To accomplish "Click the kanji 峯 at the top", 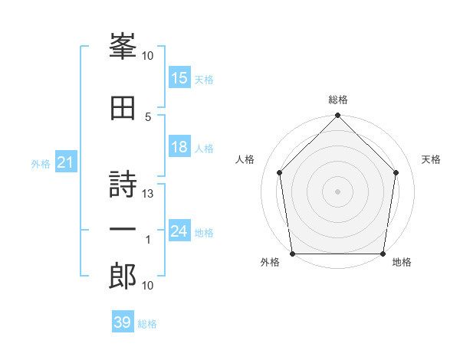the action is [123, 46].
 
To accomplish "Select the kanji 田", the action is [123, 108].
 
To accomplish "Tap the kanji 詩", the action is [123, 184].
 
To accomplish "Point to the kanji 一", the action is [123, 229].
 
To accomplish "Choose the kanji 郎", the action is [123, 276].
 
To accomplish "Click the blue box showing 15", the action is [179, 77].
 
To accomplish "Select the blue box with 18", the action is [179, 146].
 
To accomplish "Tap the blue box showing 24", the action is [179, 230].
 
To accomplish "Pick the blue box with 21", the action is [66, 162].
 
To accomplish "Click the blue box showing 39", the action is [123, 321].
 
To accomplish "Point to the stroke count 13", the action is [147, 194].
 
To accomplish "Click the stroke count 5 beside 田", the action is [148, 117].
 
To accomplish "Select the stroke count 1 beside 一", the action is [148, 240].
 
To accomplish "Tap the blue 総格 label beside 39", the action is [147, 324].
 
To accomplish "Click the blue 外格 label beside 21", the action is [41, 164].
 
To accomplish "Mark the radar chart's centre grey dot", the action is [337, 191].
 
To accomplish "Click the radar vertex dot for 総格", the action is [337, 115].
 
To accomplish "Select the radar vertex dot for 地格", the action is [383, 254].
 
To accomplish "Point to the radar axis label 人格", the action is [245, 159].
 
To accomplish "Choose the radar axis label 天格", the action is [431, 159].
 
